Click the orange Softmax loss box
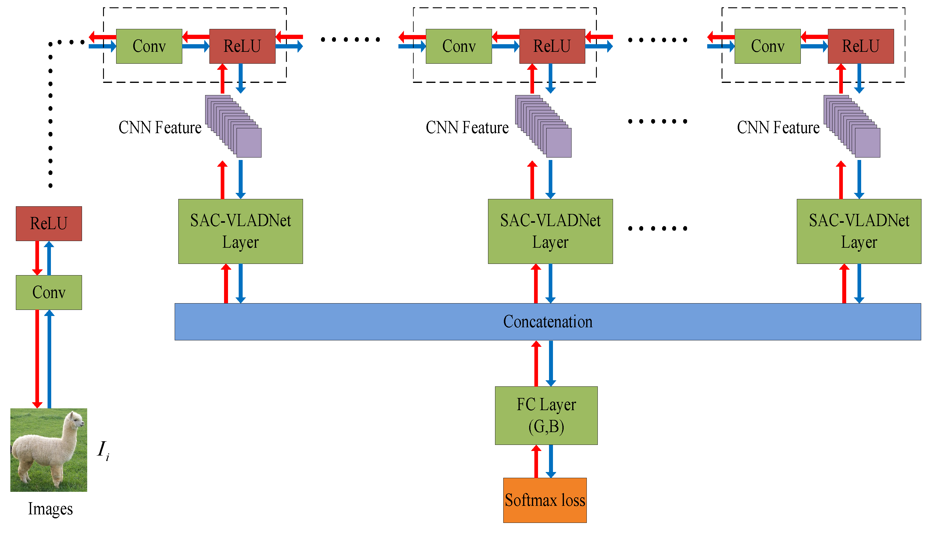tap(545, 500)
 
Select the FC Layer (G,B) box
tap(546, 416)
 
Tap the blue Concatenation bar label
tap(548, 322)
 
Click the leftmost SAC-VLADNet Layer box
tap(241, 232)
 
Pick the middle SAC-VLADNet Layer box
tap(551, 232)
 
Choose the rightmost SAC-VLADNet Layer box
tap(859, 232)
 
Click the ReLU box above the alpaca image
tap(49, 223)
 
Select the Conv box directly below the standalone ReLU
tap(49, 292)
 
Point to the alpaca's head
tap(76, 420)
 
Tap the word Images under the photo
tap(50, 509)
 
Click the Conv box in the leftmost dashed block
tap(149, 46)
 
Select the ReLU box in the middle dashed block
tap(552, 46)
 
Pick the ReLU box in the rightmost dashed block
tap(861, 46)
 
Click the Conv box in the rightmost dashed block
tap(768, 46)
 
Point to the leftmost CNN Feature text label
tap(160, 127)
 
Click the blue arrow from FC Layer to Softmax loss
tap(551, 461)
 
